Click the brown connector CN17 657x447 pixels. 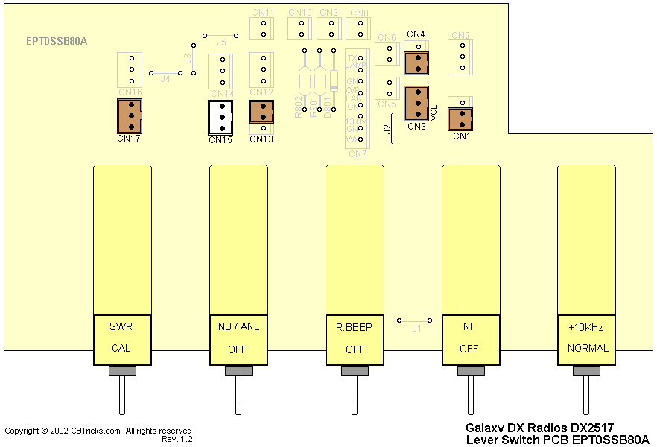point(130,115)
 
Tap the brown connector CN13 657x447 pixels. point(261,112)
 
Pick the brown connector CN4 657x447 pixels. point(416,63)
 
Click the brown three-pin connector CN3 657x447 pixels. point(416,103)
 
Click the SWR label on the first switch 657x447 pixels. point(121,327)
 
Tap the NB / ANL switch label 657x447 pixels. point(238,327)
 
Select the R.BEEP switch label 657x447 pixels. point(355,327)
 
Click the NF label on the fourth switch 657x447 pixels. point(469,327)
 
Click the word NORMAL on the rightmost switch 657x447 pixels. point(588,348)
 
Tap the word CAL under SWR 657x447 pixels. point(121,348)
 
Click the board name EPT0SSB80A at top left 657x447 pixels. point(57,41)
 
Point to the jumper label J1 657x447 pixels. point(417,328)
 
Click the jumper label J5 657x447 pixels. point(220,43)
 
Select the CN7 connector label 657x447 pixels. point(358,154)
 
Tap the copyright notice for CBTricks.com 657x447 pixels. point(98,431)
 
